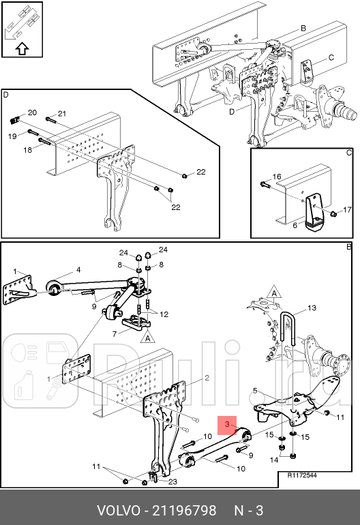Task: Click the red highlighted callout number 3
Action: coord(227,425)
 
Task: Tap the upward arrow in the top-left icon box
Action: coord(22,48)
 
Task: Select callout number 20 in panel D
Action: coord(32,112)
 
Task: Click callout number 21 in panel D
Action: coord(62,113)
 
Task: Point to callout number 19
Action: coord(12,136)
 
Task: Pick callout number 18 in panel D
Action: coord(27,150)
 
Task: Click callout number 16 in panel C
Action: coord(277,177)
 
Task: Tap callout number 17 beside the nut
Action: coord(347,209)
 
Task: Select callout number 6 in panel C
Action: coord(295,225)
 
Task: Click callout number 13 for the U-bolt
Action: coord(312,307)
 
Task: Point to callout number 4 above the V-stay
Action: coord(78,270)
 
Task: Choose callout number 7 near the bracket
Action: coord(115,334)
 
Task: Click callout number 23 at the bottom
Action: coord(172,482)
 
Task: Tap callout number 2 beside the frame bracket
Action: coord(207,378)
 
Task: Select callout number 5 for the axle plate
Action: coord(255,391)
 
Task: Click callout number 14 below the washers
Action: coord(274,460)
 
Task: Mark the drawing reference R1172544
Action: coord(302,475)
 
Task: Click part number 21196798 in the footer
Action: coord(185,511)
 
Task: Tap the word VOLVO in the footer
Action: coord(119,511)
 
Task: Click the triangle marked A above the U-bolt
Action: coord(274,292)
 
